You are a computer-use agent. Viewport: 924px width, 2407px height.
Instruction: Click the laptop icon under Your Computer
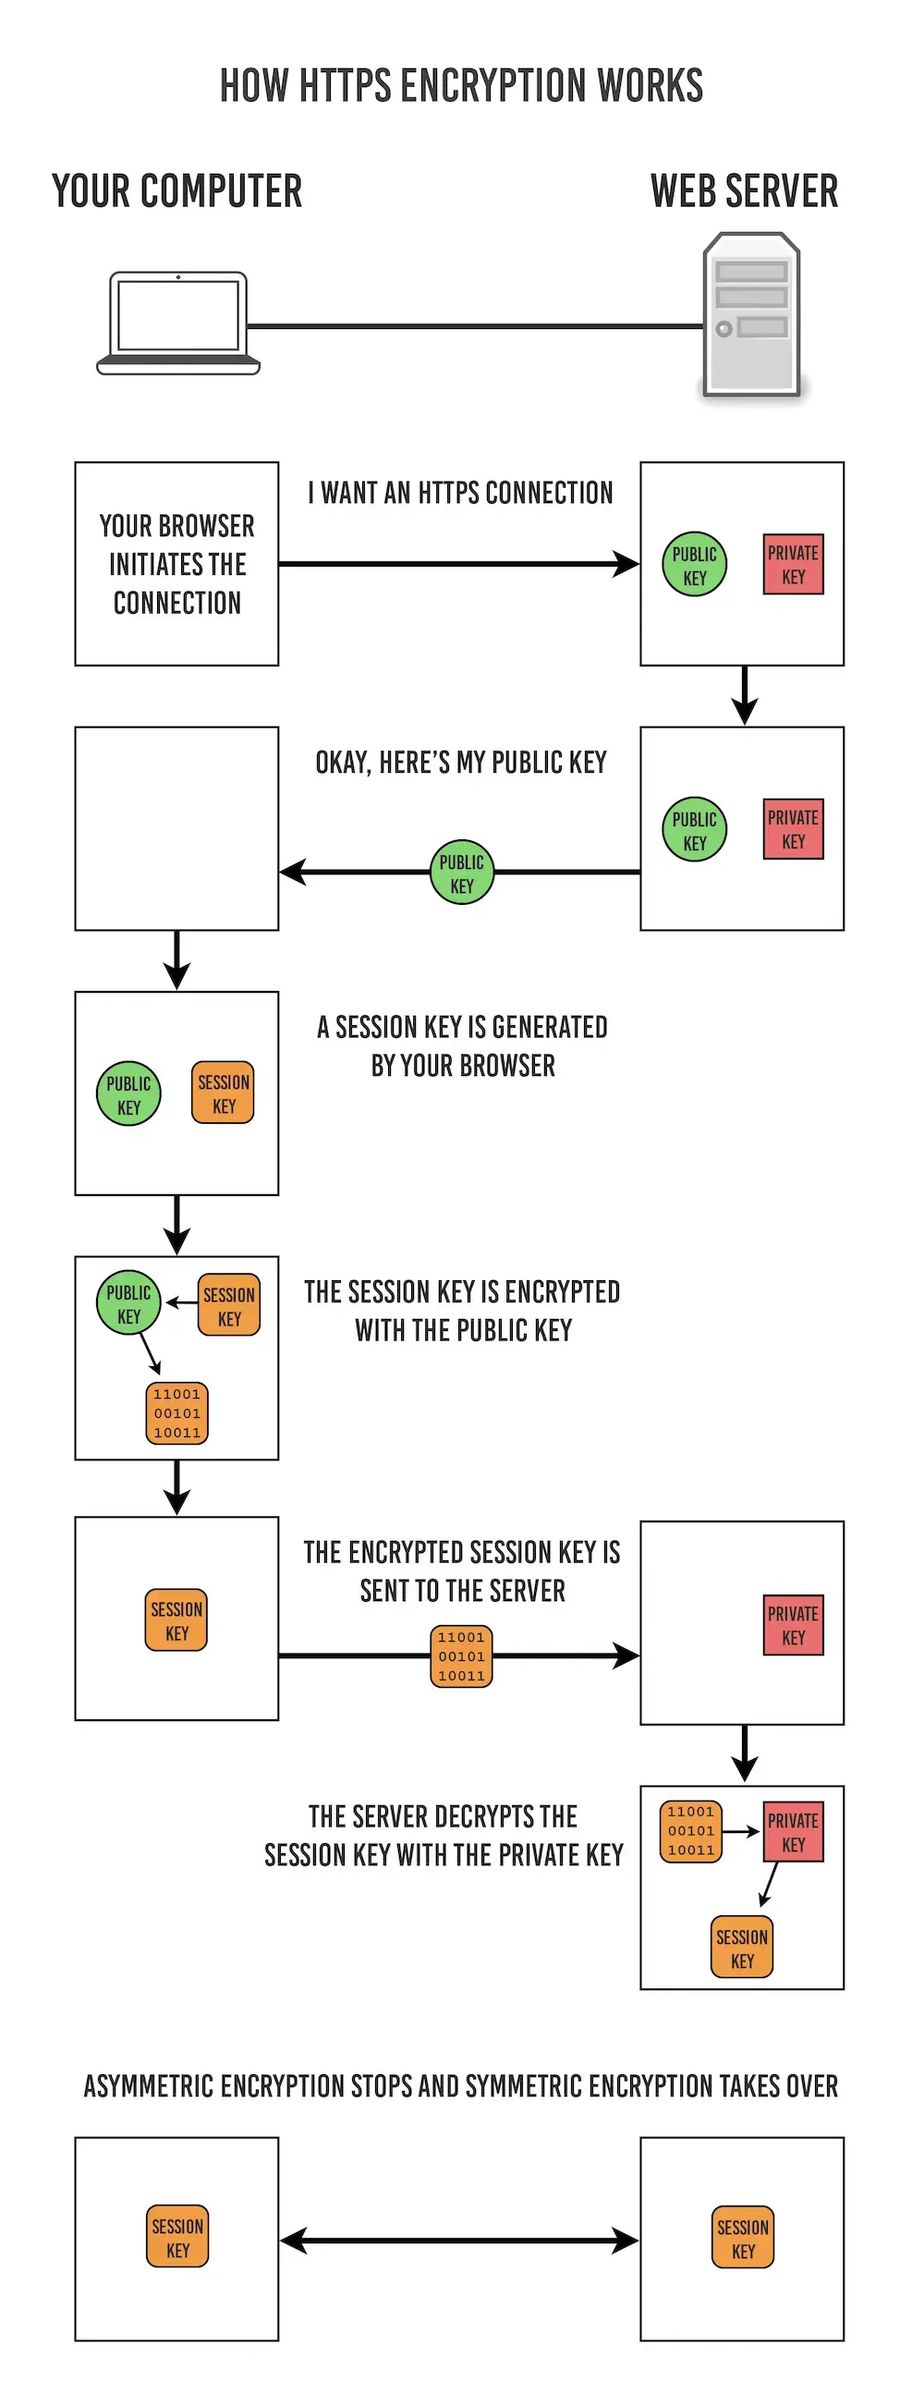pyautogui.click(x=177, y=323)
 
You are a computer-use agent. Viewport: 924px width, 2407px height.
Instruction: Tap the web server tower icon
pyautogui.click(x=751, y=315)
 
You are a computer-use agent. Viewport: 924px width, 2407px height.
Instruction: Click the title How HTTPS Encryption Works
pyautogui.click(x=461, y=85)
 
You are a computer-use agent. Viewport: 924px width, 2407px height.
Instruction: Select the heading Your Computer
pyautogui.click(x=176, y=190)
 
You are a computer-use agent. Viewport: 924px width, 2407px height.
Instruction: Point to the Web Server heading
pyautogui.click(x=744, y=190)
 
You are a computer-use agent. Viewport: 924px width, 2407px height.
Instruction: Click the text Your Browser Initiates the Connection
pyautogui.click(x=176, y=565)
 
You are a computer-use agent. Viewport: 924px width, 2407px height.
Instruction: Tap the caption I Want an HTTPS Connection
pyautogui.click(x=460, y=493)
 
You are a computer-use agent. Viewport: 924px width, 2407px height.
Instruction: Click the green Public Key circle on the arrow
pyautogui.click(x=461, y=873)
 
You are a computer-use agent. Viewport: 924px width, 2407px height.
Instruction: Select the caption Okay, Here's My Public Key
pyautogui.click(x=460, y=763)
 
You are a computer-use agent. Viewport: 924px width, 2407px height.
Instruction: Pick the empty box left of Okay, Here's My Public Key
pyautogui.click(x=176, y=829)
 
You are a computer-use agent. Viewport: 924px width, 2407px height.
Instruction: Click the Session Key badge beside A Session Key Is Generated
pyautogui.click(x=224, y=1093)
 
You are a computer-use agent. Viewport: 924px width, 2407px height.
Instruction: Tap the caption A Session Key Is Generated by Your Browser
pyautogui.click(x=463, y=1046)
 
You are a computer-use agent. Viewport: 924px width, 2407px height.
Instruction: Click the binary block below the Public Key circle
pyautogui.click(x=176, y=1413)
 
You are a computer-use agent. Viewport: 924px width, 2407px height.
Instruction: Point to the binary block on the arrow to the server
pyautogui.click(x=461, y=1656)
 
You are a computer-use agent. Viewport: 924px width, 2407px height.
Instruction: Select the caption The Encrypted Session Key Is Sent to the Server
pyautogui.click(x=461, y=1571)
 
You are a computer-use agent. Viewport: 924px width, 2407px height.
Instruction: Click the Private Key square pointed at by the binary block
pyautogui.click(x=793, y=1832)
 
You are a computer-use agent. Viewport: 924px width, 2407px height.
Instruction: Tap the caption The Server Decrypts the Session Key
pyautogui.click(x=444, y=1835)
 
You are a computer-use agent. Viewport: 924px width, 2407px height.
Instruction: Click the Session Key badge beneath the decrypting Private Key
pyautogui.click(x=742, y=1948)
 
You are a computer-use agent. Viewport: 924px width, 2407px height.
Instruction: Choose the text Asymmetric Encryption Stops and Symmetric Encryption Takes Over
pyautogui.click(x=460, y=2086)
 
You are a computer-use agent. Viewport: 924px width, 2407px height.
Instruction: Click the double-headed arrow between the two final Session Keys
pyautogui.click(x=459, y=2240)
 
